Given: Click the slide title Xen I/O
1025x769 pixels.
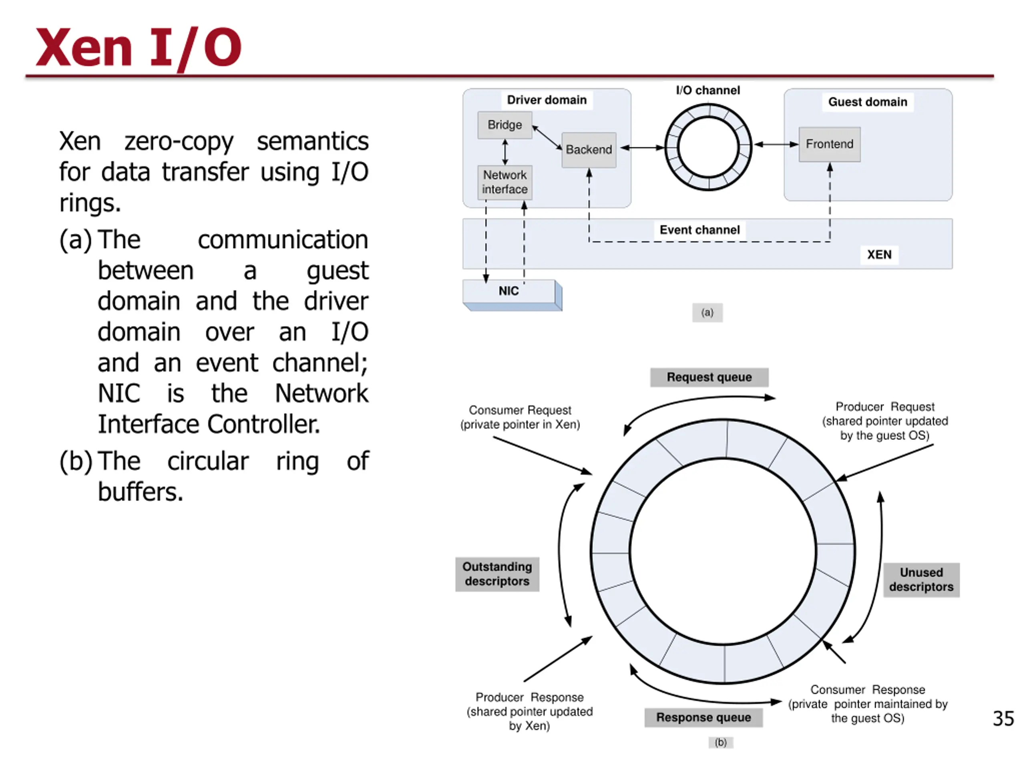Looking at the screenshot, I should click(x=138, y=47).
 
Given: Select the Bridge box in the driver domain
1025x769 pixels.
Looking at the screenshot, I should click(x=504, y=125).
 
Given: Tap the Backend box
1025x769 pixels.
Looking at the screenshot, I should click(x=589, y=150).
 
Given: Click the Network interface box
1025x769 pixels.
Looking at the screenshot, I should click(x=504, y=182).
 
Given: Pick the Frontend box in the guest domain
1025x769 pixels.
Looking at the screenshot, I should click(x=829, y=144).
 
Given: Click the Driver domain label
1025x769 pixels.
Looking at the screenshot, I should click(x=546, y=100).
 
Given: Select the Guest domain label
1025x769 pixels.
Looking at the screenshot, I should click(x=868, y=102).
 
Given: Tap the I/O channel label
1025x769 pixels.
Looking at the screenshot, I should click(x=707, y=91).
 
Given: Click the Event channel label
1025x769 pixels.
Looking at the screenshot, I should click(x=699, y=230).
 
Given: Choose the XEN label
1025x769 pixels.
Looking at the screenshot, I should click(x=879, y=254).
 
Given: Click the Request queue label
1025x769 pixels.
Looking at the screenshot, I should click(x=709, y=377).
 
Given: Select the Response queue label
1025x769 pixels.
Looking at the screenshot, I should click(x=703, y=718).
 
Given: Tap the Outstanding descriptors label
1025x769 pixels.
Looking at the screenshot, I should click(x=497, y=574).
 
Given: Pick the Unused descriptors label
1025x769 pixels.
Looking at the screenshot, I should click(x=921, y=580).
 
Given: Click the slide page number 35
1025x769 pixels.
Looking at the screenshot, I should click(x=1003, y=719).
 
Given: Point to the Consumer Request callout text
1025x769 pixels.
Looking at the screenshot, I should click(x=520, y=417).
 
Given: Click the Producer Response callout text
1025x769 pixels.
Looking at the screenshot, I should click(x=529, y=711).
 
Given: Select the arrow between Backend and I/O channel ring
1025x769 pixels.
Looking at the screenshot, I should click(x=641, y=148).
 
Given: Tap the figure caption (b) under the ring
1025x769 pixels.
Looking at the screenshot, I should click(x=721, y=742).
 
